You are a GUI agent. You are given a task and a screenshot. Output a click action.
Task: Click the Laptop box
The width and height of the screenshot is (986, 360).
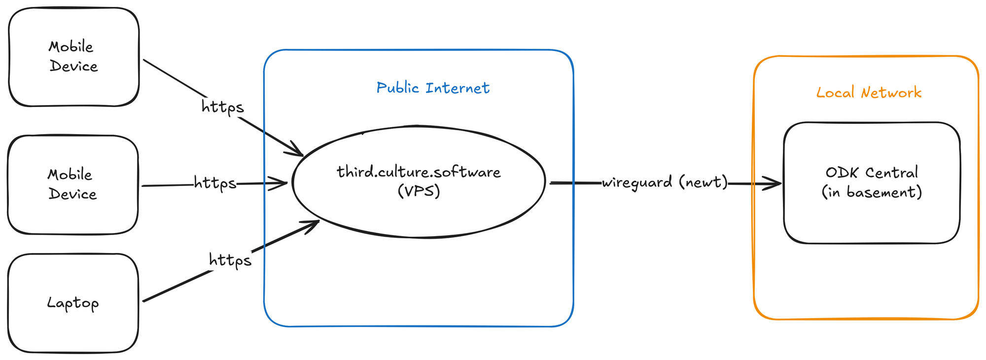click(73, 325)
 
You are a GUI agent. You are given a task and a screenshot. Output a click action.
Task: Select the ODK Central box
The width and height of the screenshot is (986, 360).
click(872, 222)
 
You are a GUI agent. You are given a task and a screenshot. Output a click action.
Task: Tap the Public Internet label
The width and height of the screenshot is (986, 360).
click(433, 88)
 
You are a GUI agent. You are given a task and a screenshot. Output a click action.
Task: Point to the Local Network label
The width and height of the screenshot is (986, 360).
click(869, 92)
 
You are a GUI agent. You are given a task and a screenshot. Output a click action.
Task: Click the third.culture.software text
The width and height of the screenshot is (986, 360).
click(419, 172)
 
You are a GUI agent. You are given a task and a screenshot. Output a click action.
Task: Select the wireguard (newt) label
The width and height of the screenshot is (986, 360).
click(665, 182)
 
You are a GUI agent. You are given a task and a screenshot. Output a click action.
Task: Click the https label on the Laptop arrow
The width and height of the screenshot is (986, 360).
click(230, 259)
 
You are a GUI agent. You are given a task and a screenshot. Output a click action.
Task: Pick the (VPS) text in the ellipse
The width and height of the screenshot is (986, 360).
click(419, 191)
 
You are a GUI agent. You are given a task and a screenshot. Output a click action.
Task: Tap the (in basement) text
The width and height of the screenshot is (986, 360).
click(872, 192)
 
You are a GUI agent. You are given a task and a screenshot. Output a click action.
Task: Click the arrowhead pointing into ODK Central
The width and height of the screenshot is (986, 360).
click(775, 183)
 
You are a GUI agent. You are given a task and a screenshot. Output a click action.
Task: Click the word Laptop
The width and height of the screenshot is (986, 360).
click(73, 303)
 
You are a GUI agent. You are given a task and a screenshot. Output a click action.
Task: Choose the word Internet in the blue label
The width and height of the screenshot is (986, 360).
click(458, 88)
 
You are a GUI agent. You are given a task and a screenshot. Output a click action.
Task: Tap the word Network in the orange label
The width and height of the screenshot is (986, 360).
click(891, 92)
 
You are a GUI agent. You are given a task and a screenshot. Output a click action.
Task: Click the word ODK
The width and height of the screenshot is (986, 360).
click(843, 173)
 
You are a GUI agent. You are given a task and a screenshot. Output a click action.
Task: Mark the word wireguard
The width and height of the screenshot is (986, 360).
click(637, 182)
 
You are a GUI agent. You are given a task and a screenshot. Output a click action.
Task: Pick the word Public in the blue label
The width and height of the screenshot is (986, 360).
click(397, 88)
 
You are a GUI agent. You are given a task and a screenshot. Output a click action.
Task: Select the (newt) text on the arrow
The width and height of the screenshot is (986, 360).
click(703, 182)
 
